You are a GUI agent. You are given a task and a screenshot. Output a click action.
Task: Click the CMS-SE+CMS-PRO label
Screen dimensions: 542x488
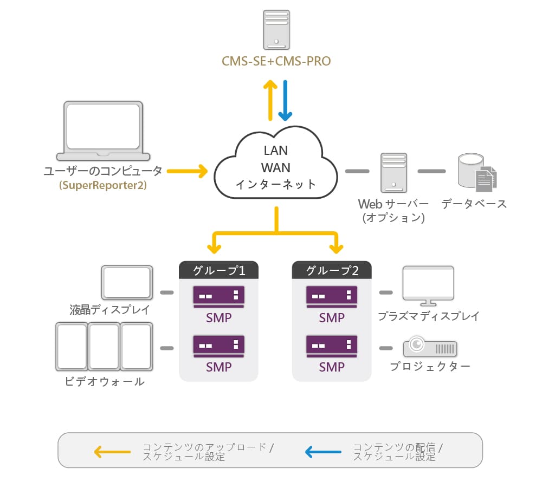[x=276, y=61]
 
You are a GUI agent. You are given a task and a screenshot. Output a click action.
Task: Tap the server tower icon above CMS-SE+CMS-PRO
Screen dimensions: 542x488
[x=276, y=30]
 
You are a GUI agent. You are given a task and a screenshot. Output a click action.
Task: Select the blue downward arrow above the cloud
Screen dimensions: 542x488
[x=285, y=101]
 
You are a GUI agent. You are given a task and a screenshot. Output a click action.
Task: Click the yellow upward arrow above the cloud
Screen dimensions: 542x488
[x=270, y=101]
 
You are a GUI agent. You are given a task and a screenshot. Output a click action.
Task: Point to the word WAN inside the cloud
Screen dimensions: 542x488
[x=276, y=168]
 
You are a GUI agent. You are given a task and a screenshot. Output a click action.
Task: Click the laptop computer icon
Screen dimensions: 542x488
[x=103, y=131]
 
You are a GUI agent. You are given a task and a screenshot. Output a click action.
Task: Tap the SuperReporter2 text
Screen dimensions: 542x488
[x=103, y=185]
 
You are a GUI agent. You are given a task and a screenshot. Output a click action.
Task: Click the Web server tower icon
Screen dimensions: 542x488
[x=393, y=173]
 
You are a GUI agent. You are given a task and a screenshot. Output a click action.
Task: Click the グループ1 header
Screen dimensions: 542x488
[x=218, y=270]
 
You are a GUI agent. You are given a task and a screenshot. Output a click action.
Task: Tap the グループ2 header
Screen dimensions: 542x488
[x=332, y=270]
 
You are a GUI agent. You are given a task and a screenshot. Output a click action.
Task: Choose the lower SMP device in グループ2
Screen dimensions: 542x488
[x=332, y=346]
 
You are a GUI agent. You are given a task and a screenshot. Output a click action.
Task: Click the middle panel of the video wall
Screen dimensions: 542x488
[x=104, y=347]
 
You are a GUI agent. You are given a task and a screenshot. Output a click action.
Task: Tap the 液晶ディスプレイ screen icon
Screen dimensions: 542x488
[x=127, y=283]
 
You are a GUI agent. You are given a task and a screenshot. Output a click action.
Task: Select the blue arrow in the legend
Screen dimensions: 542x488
[x=323, y=452]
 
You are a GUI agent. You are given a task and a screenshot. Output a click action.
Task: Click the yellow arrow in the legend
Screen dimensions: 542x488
[x=112, y=452]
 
